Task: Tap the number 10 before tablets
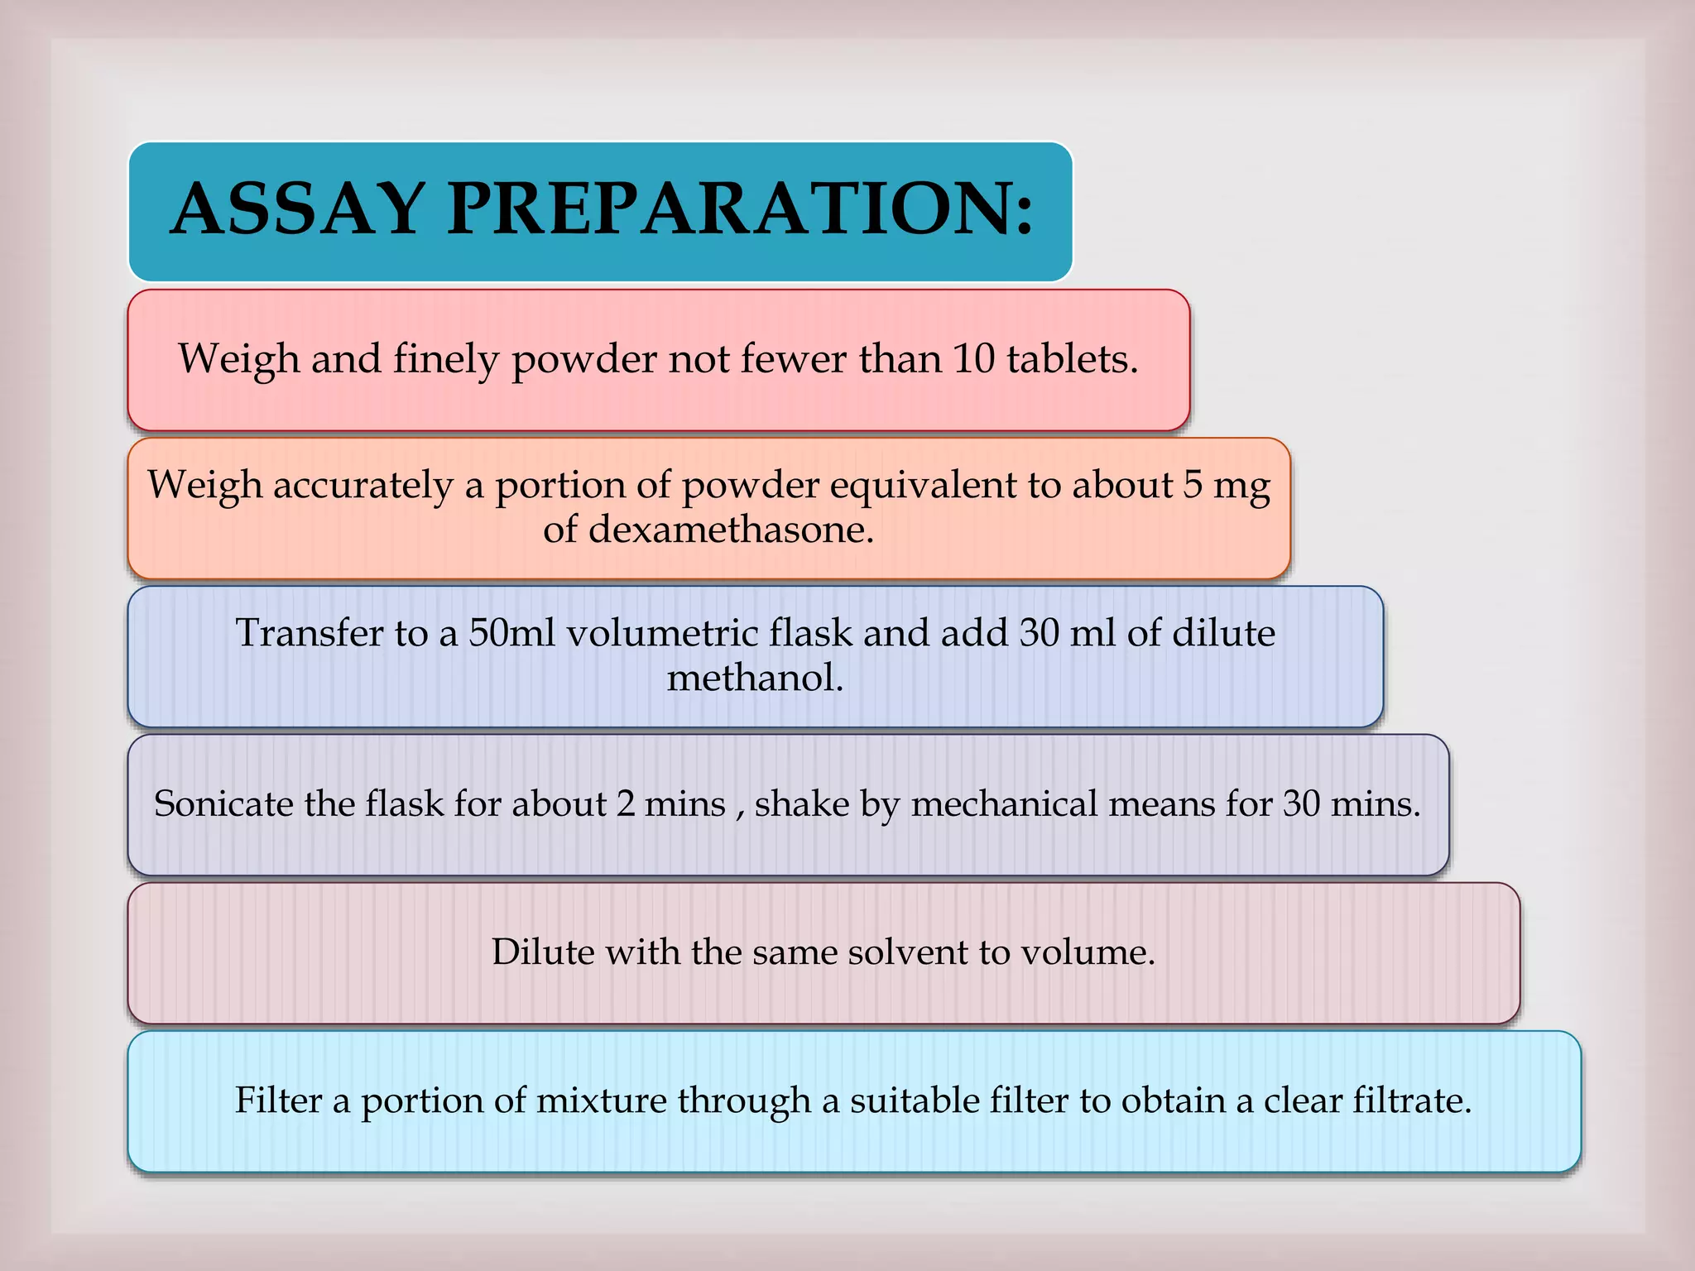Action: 973,358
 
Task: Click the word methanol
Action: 755,678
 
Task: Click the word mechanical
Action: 1003,803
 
